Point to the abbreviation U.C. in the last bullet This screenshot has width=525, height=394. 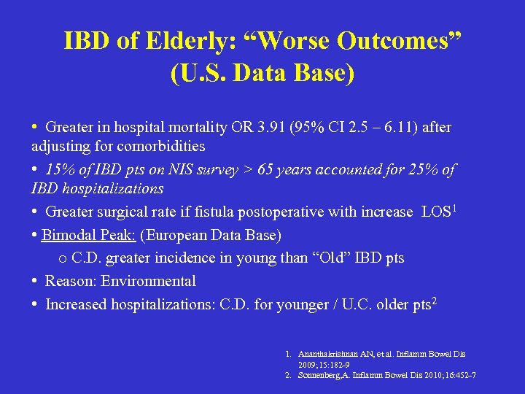point(353,304)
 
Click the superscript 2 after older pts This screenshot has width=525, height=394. point(435,300)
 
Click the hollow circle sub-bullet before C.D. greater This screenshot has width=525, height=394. point(62,259)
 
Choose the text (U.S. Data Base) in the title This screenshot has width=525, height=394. point(262,73)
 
